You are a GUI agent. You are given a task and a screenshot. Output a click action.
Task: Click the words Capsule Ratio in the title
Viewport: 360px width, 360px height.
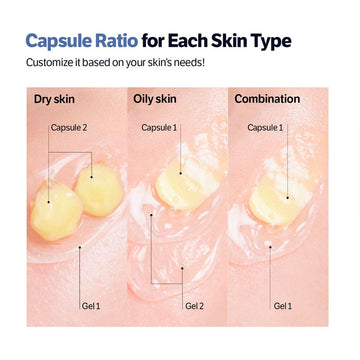[79, 41]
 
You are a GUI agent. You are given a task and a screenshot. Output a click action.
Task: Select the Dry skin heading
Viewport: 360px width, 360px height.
[55, 99]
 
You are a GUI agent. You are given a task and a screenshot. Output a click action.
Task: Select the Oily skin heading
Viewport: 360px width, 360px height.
[156, 99]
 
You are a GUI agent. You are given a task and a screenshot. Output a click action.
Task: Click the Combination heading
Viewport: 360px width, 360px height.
[267, 99]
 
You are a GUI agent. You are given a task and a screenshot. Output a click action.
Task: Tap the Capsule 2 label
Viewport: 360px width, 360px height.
[69, 127]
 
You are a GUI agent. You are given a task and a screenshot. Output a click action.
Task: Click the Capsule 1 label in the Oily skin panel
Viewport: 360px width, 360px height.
[160, 127]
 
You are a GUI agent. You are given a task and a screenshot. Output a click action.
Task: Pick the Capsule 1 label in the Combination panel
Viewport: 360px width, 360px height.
[266, 127]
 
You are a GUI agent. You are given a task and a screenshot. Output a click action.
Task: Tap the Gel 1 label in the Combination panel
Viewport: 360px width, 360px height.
[283, 304]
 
